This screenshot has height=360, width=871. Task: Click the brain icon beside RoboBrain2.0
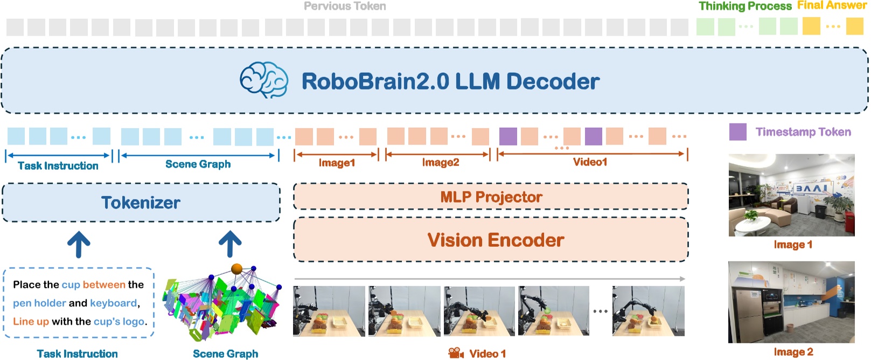tap(263, 80)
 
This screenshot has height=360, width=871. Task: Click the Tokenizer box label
tap(141, 203)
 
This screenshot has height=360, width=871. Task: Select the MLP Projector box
tap(491, 197)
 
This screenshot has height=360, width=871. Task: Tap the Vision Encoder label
tap(496, 240)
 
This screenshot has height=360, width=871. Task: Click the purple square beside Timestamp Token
tap(737, 132)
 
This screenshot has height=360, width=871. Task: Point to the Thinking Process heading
tap(744, 6)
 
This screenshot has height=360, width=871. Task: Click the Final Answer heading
tap(831, 5)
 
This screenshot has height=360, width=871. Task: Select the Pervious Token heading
tap(345, 6)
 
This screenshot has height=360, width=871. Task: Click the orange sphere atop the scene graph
tap(236, 268)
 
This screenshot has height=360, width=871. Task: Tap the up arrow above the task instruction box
tap(79, 244)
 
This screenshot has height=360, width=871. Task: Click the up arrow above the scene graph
tap(230, 244)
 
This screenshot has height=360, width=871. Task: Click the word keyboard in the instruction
tap(114, 303)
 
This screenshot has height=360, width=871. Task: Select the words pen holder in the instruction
tap(39, 303)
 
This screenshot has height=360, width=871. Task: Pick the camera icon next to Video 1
tap(456, 353)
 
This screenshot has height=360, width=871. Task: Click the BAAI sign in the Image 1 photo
tap(812, 189)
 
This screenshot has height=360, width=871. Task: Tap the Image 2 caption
tap(793, 352)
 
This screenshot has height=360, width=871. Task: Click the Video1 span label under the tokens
tap(590, 162)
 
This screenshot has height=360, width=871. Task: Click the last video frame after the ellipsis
tap(648, 311)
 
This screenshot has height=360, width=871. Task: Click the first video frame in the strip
tap(329, 311)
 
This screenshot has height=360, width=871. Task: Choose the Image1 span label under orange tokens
tap(337, 162)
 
